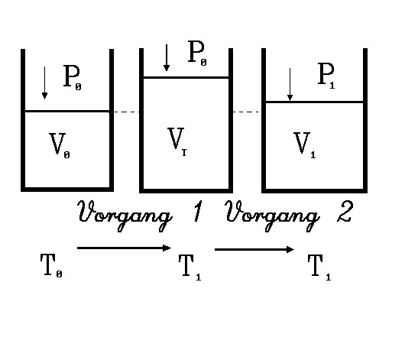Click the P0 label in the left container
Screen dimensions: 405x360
click(73, 77)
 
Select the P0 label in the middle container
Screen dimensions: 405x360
click(197, 54)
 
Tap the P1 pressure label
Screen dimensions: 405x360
click(326, 76)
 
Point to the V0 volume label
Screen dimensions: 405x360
click(60, 145)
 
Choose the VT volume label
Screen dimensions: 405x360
click(177, 141)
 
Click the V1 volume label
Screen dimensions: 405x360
click(305, 144)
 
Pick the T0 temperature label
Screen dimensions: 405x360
click(51, 265)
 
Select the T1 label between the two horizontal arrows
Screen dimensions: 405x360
click(190, 267)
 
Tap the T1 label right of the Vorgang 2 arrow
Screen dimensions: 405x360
click(319, 267)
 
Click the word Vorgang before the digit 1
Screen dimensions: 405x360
click(125, 216)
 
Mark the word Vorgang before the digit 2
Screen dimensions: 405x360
click(273, 216)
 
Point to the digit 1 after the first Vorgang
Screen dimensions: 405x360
click(198, 211)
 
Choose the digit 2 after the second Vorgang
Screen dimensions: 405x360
click(345, 211)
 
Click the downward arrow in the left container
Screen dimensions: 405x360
click(44, 83)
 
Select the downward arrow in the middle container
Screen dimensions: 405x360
click(167, 57)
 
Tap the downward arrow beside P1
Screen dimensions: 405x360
click(290, 84)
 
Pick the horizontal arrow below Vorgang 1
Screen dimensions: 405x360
click(124, 248)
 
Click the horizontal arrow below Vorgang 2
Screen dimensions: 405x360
click(254, 249)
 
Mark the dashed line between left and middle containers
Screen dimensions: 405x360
click(127, 112)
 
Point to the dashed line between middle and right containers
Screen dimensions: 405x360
click(246, 112)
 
